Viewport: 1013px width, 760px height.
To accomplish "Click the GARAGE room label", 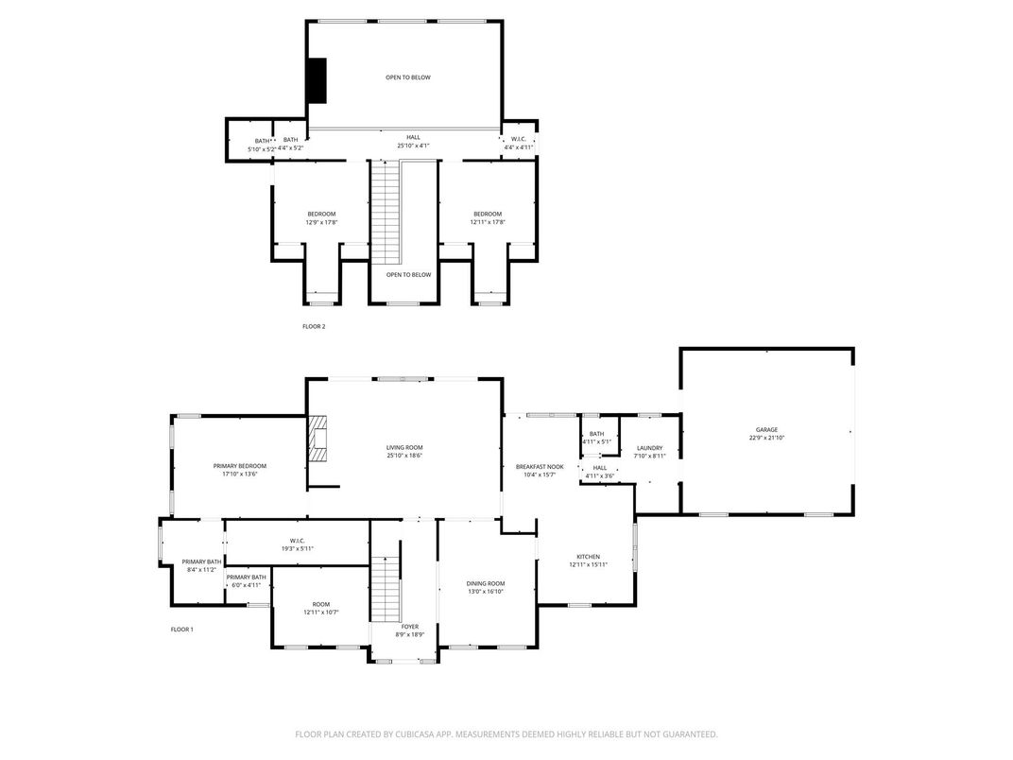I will [x=766, y=429].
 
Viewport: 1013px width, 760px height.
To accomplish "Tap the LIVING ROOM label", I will [x=403, y=447].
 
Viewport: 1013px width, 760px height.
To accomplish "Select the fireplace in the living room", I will [x=319, y=439].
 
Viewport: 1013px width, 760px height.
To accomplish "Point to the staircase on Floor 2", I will [x=385, y=213].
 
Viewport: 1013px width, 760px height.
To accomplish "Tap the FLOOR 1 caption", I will [x=181, y=630].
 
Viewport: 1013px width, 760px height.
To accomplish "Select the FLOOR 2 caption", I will [x=313, y=326].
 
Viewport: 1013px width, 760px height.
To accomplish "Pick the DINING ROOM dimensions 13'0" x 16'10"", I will [x=486, y=592].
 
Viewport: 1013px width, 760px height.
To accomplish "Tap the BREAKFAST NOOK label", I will [x=540, y=466].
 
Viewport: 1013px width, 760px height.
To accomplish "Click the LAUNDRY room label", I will [x=649, y=448].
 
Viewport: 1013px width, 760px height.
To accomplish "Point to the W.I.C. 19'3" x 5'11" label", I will [x=296, y=544].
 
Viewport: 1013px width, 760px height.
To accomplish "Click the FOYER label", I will [x=409, y=627].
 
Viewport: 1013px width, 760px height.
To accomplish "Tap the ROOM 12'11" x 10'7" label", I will [x=321, y=608].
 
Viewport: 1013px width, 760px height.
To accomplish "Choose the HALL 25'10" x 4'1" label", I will [x=413, y=141].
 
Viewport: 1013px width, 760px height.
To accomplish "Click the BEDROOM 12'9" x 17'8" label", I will [x=321, y=217].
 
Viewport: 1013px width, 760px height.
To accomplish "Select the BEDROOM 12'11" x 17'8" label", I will [x=488, y=217].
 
